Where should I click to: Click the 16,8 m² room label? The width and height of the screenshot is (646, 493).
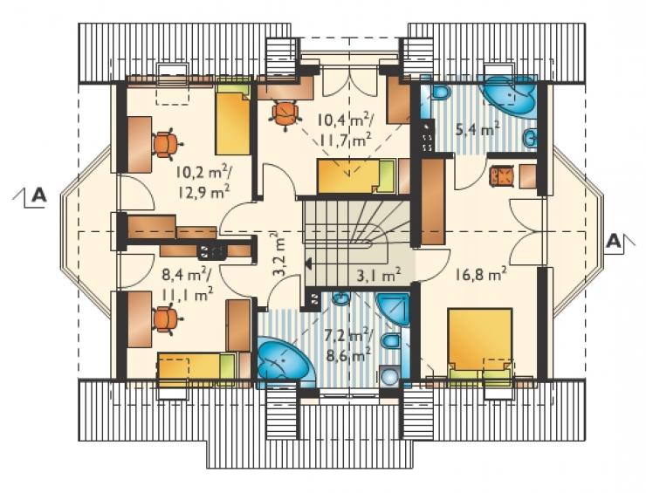pos(481,273)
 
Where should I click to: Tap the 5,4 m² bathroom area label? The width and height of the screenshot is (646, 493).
pos(478,130)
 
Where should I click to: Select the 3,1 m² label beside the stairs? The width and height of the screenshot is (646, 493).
pos(379,275)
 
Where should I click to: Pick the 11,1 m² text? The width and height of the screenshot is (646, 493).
pos(188,294)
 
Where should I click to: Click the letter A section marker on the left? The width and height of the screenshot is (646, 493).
pos(38,195)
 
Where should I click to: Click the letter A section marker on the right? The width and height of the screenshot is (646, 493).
pos(614,241)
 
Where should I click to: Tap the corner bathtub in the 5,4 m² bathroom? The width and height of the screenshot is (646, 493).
pos(511,96)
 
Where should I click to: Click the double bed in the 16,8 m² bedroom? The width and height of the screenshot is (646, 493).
pos(480,344)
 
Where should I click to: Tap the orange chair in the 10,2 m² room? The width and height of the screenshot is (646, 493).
pos(167,144)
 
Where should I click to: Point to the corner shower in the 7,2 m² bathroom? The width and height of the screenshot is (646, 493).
pos(393,310)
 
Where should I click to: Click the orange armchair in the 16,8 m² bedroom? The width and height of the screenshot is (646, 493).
pos(501,176)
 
